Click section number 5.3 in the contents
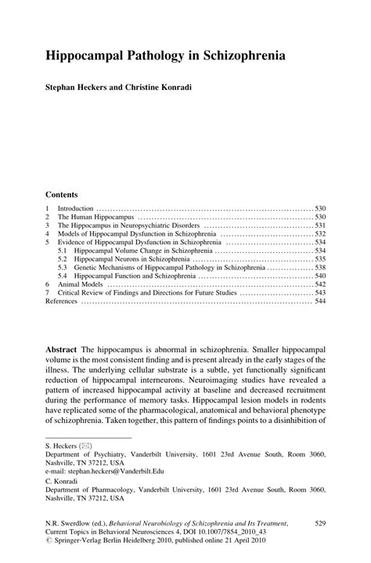pyautogui.click(x=63, y=267)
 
